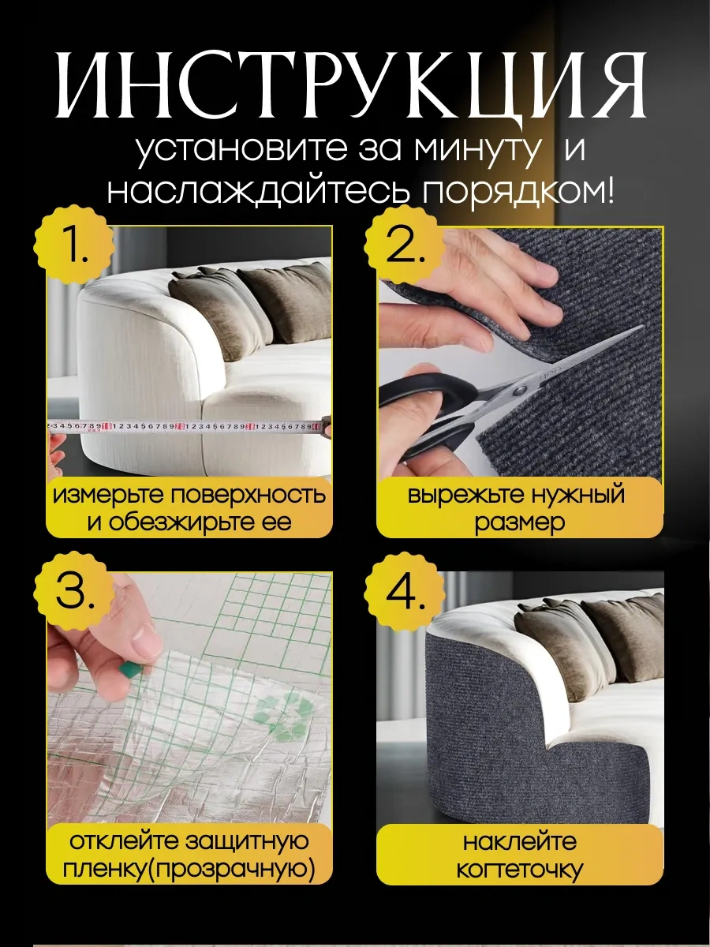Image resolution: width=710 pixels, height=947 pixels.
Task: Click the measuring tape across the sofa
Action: (x=189, y=427)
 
